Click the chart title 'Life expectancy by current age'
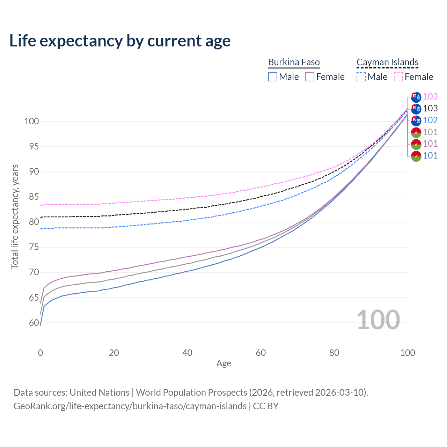120,41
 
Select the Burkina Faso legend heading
294,62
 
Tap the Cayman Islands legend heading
387,62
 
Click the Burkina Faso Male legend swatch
273,77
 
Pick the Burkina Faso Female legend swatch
310,77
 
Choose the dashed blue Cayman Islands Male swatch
361,77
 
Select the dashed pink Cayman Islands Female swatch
398,77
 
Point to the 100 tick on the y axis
31,122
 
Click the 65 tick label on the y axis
34,298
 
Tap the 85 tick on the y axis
34,197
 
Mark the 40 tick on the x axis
188,353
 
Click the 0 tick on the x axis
41,353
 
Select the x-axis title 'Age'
223,364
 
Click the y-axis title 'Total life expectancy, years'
15,217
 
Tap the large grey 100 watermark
378,320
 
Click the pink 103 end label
430,96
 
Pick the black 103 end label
430,108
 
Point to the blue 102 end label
430,120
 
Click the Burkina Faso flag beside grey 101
416,132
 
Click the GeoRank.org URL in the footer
130,406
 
